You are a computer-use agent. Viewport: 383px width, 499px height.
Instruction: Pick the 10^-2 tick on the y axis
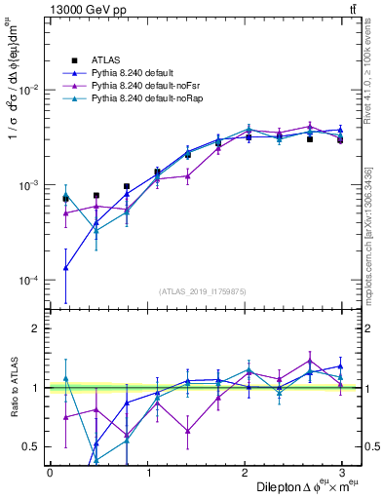click(27, 90)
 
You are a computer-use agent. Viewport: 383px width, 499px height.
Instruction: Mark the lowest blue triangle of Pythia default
click(65, 268)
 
